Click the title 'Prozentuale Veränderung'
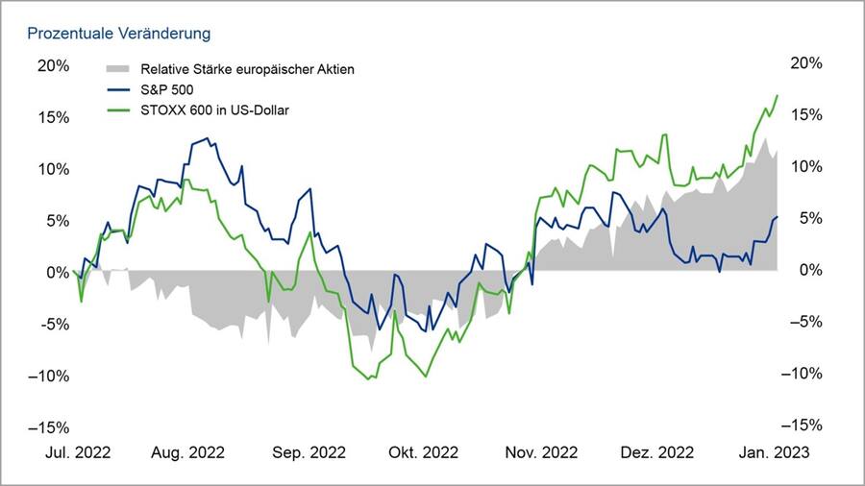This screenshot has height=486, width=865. click(x=118, y=34)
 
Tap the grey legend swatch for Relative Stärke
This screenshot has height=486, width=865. click(x=116, y=69)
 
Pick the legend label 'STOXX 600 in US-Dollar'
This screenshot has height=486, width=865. click(x=215, y=109)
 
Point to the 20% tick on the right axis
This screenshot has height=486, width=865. click(x=804, y=63)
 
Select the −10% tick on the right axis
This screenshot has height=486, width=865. click(x=801, y=374)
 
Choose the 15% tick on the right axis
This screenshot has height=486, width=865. click(x=804, y=115)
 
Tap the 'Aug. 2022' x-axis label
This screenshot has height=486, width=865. click(x=188, y=451)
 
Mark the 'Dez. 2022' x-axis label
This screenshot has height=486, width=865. click(x=657, y=451)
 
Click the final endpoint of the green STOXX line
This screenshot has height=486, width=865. click(x=778, y=95)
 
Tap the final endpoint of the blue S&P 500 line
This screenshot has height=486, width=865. click(x=778, y=217)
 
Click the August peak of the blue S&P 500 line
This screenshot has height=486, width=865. click(x=207, y=138)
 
